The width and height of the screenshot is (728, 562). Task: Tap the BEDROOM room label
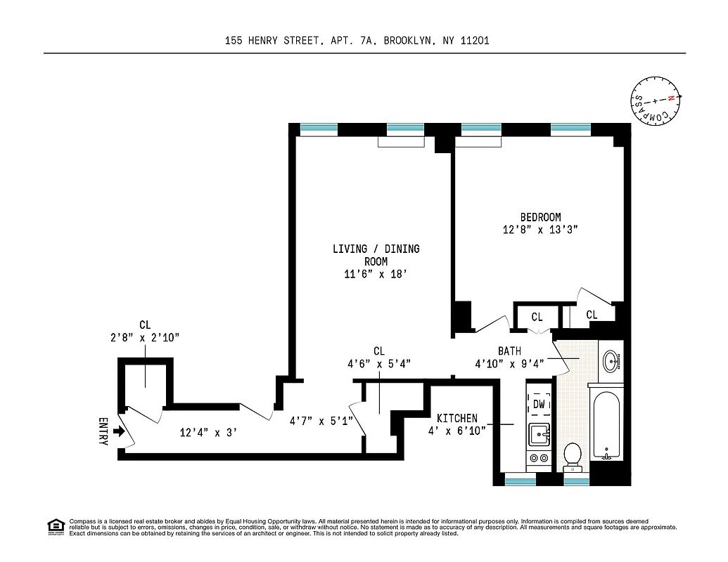click(540, 217)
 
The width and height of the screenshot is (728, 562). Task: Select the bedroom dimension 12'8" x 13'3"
click(540, 230)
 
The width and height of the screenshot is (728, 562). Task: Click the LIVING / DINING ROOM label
click(376, 255)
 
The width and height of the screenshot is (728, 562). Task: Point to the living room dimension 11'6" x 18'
click(376, 275)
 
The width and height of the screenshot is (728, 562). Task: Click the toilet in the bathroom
click(573, 456)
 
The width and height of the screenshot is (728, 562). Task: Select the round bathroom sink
click(611, 361)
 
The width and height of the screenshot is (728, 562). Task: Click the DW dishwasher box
click(539, 404)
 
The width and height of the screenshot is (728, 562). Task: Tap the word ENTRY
click(103, 431)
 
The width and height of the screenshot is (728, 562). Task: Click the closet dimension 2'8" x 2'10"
click(145, 338)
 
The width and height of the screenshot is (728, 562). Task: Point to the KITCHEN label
click(456, 418)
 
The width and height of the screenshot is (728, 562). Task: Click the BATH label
click(509, 351)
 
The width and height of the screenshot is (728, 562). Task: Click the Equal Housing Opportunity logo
click(55, 525)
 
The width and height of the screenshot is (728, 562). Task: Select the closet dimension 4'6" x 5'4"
click(379, 364)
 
